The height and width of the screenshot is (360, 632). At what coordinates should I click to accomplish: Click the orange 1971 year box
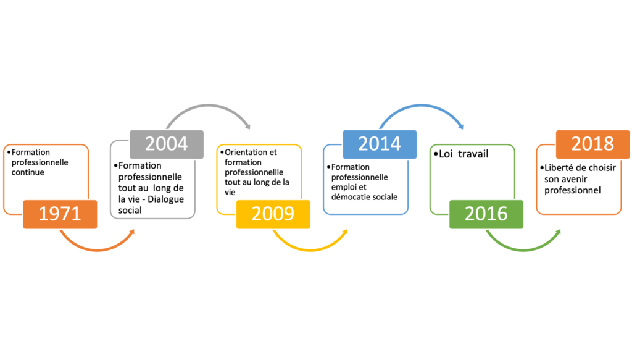click(60, 214)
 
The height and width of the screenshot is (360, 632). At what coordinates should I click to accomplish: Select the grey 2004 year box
click(167, 144)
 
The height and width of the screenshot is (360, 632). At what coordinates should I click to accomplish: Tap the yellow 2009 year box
click(273, 214)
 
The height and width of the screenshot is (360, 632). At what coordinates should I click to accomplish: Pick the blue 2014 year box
click(380, 144)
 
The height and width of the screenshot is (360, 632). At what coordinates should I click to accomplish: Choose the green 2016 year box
click(486, 214)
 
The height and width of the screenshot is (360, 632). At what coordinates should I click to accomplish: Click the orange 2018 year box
click(593, 144)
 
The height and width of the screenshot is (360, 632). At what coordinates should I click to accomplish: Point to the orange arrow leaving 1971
click(97, 249)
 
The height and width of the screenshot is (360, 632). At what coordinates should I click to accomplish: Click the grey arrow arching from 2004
click(209, 106)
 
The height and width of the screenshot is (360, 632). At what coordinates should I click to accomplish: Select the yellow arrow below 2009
click(310, 249)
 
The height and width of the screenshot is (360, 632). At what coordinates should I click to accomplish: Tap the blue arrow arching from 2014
click(422, 106)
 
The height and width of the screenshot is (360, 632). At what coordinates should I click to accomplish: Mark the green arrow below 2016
click(523, 249)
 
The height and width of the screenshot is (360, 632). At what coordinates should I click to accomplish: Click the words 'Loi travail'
click(464, 154)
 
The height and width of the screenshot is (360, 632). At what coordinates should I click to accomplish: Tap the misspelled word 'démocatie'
click(349, 197)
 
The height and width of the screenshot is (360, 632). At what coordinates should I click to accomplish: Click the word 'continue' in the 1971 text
click(28, 172)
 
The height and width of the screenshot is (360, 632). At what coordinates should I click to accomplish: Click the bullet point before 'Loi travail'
click(435, 154)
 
